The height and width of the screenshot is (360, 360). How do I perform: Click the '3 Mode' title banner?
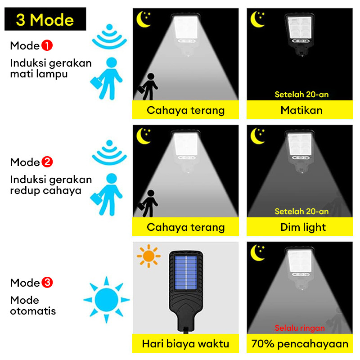click(45, 19)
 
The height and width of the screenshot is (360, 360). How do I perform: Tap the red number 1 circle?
click(47, 45)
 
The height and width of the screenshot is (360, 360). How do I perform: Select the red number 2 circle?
click(47, 162)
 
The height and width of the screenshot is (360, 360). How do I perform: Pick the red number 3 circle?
click(47, 283)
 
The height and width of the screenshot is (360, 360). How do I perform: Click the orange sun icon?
click(148, 256)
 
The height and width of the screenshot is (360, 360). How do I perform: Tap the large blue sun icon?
click(106, 300)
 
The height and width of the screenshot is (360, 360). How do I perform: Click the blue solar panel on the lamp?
click(186, 273)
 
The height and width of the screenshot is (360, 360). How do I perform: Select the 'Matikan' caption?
click(301, 110)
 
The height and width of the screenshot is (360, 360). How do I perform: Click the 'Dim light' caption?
click(303, 227)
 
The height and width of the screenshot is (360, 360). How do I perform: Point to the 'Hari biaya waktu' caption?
click(185, 344)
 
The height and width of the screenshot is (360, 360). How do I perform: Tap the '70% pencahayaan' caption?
click(300, 344)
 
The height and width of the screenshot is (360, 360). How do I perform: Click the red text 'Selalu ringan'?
click(300, 328)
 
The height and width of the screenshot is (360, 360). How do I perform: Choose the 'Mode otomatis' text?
click(33, 306)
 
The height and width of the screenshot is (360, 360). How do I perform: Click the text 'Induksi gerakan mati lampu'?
click(51, 68)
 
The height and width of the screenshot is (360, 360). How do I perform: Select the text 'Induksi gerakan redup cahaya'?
click(51, 185)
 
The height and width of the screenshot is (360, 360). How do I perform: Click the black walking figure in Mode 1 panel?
click(148, 86)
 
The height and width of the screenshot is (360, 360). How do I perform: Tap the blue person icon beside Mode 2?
click(107, 194)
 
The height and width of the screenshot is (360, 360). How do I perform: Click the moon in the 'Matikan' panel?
click(257, 19)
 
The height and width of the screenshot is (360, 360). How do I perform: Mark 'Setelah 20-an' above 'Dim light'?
click(301, 211)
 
